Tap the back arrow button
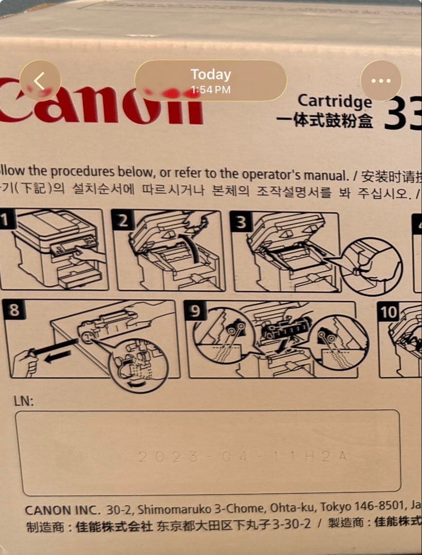40,81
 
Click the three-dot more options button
381,81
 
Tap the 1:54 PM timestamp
210,90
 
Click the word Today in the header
210,75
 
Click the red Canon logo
103,104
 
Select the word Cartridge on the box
335,101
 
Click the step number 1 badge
5,221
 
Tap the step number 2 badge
123,221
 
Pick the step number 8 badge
14,311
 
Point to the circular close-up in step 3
372,266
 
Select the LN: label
24,401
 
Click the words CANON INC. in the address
62,510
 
